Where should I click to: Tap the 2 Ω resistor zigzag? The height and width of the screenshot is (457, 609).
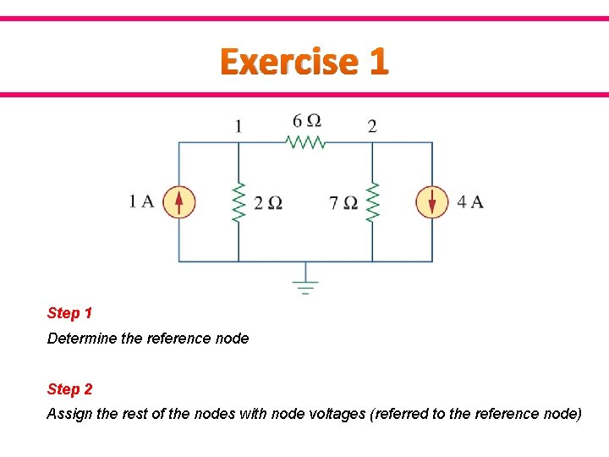click(x=239, y=202)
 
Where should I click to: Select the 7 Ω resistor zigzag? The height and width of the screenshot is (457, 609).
click(x=372, y=202)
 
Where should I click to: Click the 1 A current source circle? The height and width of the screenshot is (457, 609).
click(x=178, y=202)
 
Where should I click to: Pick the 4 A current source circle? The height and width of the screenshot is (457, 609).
click(x=432, y=202)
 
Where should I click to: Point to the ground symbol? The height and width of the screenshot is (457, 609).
click(x=305, y=284)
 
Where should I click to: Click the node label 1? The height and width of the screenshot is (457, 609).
click(x=239, y=127)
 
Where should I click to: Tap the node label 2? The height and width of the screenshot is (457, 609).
click(x=372, y=127)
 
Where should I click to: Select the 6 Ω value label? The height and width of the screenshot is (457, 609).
click(x=306, y=121)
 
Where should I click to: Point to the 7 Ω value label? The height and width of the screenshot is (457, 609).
click(x=343, y=203)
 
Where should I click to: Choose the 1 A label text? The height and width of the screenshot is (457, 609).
click(x=141, y=201)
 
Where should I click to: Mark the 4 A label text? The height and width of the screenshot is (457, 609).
click(x=470, y=201)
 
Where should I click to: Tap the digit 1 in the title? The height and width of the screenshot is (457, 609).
click(x=378, y=62)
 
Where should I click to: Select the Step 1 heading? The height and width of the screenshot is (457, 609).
click(x=70, y=313)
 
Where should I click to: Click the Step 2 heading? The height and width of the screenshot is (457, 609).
click(x=70, y=389)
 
